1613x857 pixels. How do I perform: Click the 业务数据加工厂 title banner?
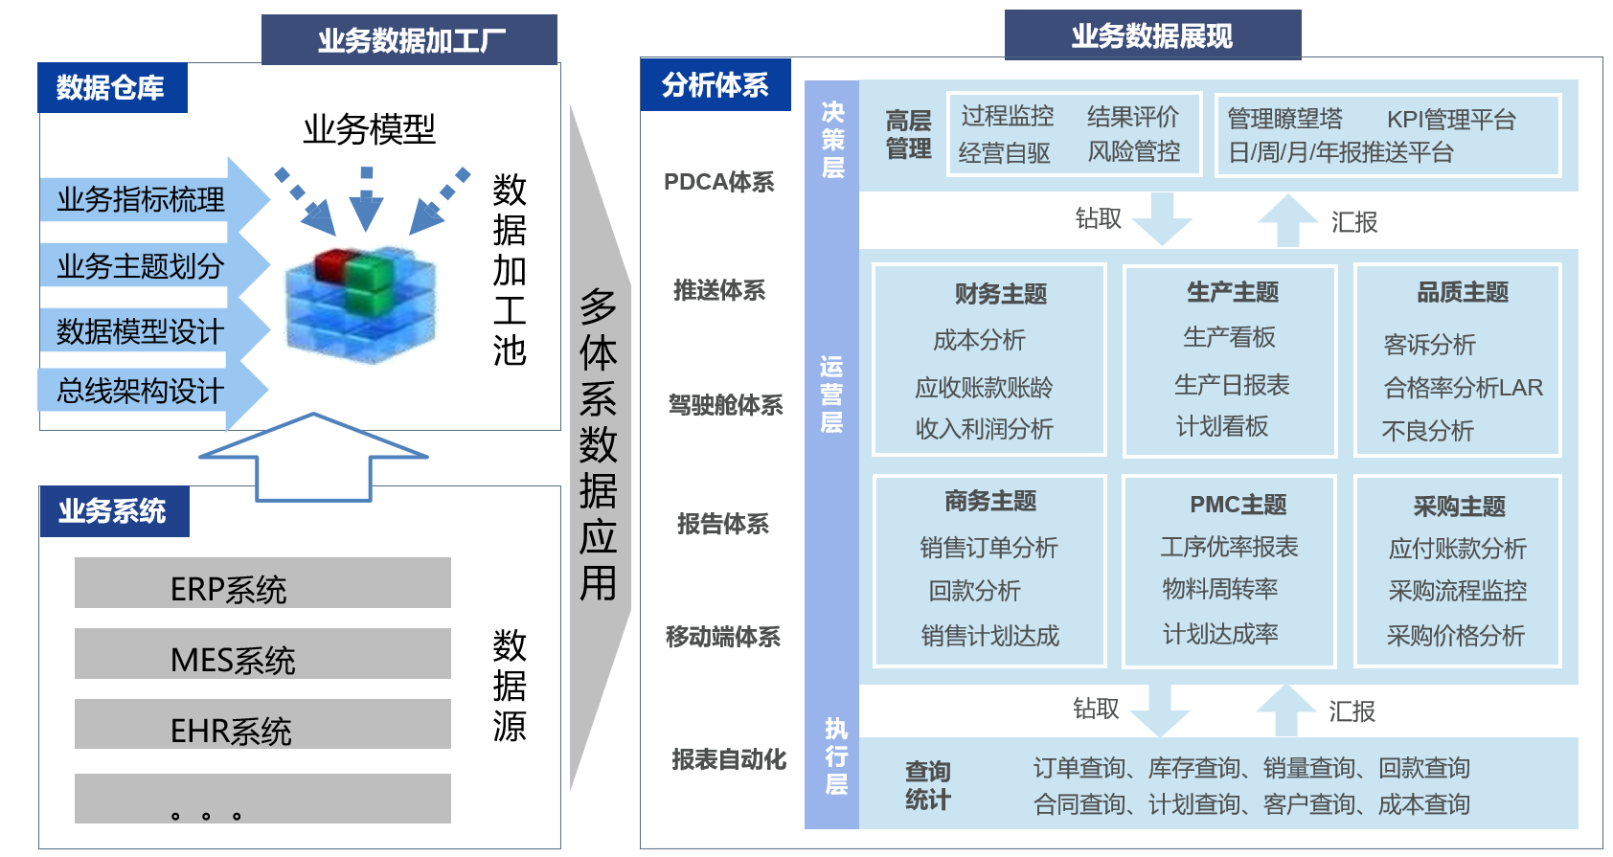coord(409,39)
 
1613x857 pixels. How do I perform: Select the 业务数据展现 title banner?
coord(1152,34)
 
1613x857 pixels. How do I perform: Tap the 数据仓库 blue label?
coord(112,87)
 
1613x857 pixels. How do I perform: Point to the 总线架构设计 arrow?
coord(152,391)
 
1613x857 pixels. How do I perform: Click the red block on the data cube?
coord(332,263)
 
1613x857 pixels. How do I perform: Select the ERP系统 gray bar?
coord(262,582)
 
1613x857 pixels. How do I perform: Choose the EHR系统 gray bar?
coord(262,725)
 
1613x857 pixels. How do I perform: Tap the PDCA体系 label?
coord(718,182)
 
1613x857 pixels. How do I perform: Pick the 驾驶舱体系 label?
coord(725,405)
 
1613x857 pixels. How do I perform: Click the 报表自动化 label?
coord(729,759)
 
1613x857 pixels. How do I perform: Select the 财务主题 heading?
coord(1000,294)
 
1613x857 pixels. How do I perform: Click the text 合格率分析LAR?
coord(1464,388)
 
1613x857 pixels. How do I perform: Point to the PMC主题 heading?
coord(1238,504)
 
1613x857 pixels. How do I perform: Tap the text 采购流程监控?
coord(1458,591)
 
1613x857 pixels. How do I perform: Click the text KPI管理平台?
coord(1451,120)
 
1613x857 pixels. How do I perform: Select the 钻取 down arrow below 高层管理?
coord(1162,218)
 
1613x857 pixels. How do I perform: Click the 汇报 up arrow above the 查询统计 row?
coord(1286,710)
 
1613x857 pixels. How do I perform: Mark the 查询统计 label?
coord(927,785)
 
